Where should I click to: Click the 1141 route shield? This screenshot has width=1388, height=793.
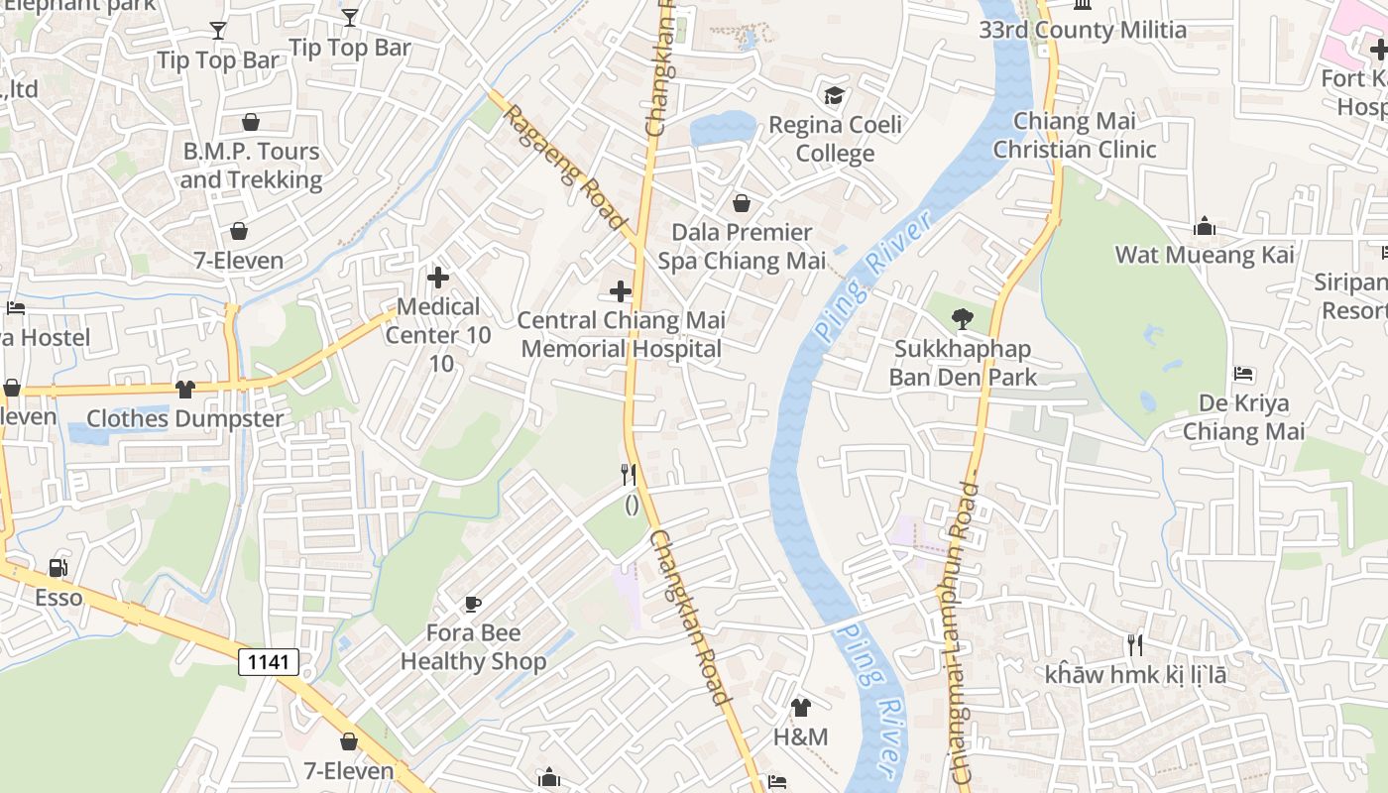(269, 662)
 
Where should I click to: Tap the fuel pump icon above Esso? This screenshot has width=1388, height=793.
(59, 568)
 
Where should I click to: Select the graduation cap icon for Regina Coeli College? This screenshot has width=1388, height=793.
(835, 95)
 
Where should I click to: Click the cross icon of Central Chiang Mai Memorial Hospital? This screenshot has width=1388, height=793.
(621, 291)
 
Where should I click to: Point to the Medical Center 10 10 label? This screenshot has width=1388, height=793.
(438, 335)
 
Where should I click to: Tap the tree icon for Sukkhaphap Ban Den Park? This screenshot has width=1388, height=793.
(962, 319)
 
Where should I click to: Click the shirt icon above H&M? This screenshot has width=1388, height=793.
(800, 708)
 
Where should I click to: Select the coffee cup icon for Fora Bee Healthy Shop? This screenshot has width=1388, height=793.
(473, 603)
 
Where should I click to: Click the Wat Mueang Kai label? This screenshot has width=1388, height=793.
(1205, 255)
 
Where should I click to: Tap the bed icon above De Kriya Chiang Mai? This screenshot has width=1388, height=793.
(1244, 374)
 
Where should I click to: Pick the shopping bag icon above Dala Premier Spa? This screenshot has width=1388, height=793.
(741, 203)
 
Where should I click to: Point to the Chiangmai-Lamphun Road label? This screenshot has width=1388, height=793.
(958, 634)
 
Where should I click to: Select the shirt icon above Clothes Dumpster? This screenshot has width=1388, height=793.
(185, 389)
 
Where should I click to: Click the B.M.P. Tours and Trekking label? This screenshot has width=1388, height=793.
(251, 166)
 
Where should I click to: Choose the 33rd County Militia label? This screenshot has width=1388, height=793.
(1083, 30)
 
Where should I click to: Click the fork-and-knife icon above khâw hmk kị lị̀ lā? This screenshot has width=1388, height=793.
(1135, 645)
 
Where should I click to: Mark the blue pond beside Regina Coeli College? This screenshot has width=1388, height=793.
(723, 128)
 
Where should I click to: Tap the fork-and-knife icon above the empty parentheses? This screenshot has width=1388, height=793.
(628, 474)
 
